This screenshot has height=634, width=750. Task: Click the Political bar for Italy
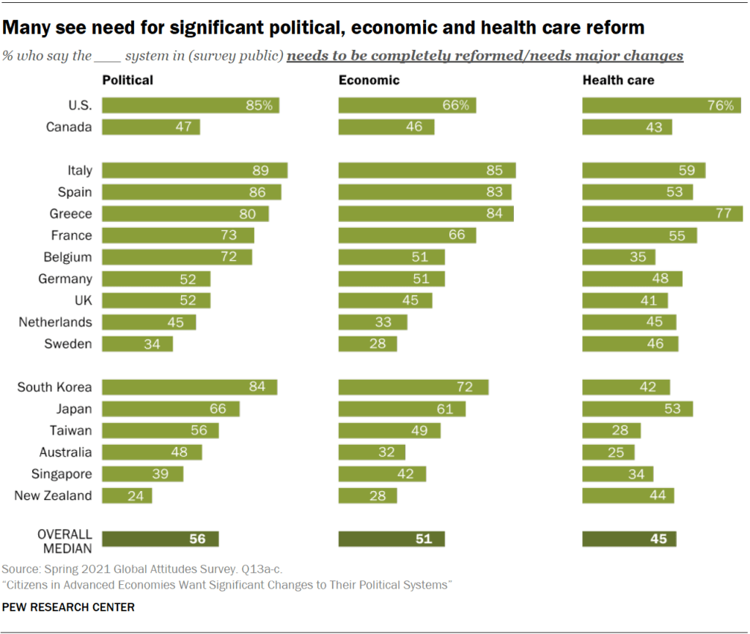(x=194, y=171)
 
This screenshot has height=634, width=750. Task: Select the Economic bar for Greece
(x=425, y=214)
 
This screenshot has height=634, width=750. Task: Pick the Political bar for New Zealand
(x=127, y=496)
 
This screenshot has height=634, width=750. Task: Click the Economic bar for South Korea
(x=413, y=387)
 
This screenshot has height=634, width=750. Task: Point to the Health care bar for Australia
(x=609, y=452)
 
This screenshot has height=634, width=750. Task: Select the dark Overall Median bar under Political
(x=160, y=539)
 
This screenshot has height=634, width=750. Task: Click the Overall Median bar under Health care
(x=629, y=539)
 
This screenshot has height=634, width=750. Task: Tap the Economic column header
(x=369, y=80)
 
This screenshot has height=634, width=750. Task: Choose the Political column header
(x=128, y=80)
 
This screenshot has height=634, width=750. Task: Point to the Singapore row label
(x=62, y=474)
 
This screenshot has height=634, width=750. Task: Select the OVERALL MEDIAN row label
(x=65, y=540)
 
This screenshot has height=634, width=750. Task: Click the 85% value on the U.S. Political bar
(x=260, y=106)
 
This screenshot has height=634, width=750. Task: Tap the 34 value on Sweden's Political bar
(x=152, y=344)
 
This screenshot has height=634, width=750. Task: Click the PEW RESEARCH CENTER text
(x=69, y=608)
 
